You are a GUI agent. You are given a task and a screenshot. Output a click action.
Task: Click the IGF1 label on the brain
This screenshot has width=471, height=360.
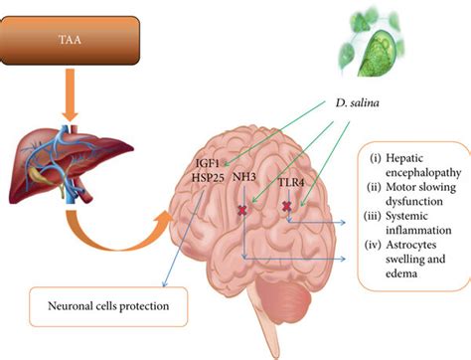[x=210, y=162]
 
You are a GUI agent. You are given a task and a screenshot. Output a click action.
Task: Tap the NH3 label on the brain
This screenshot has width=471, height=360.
[x=244, y=179]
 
